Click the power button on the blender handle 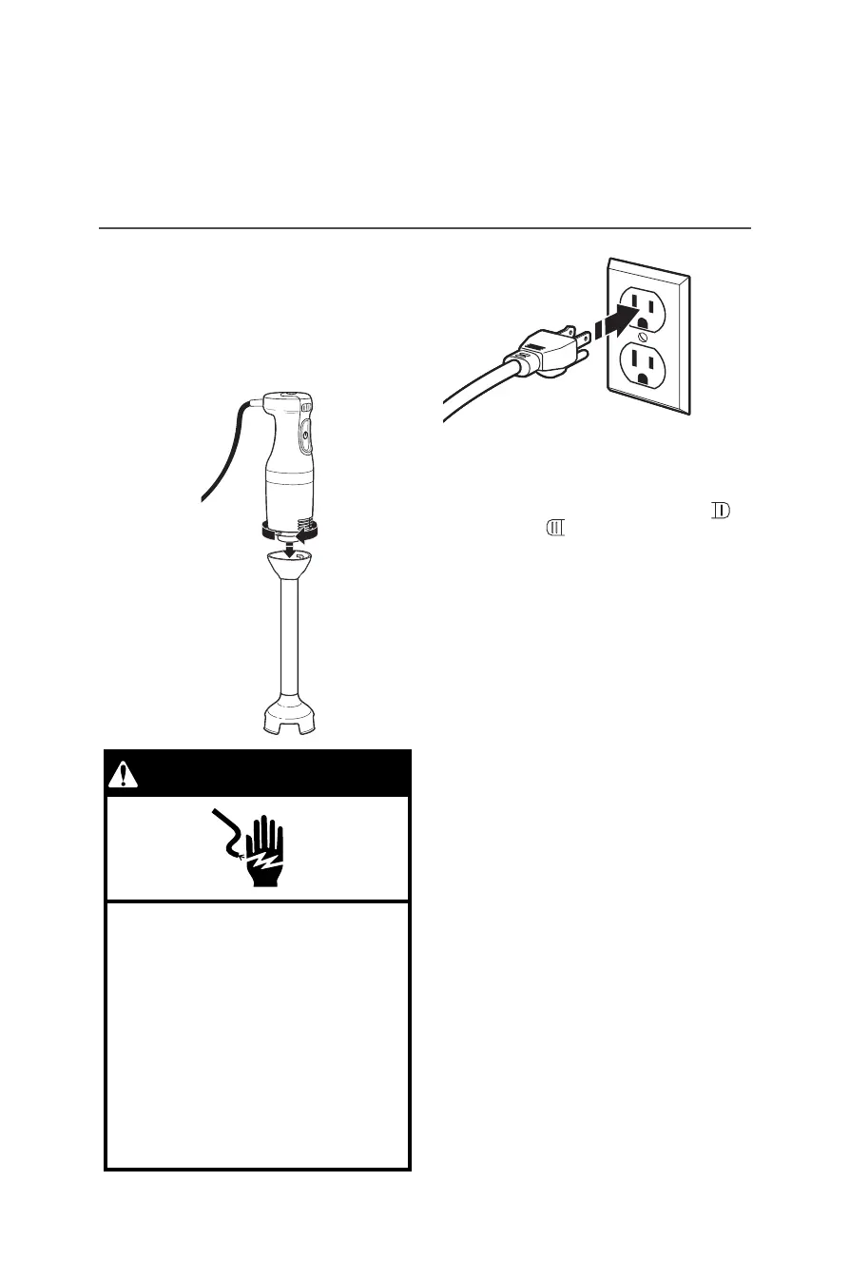(304, 438)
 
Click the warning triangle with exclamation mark (124, 775)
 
